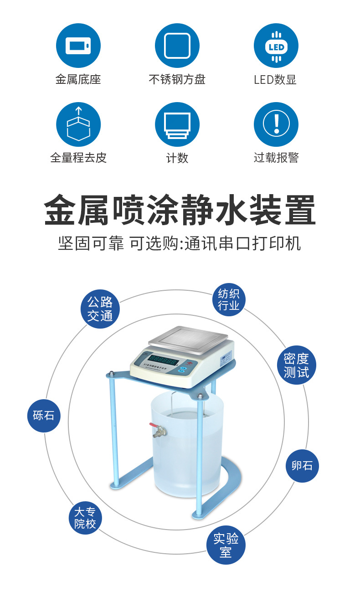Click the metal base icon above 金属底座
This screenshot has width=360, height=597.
(78, 46)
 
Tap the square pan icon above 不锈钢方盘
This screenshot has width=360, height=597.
(177, 46)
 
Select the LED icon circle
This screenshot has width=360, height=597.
(276, 46)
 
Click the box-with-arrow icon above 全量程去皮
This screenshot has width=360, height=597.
(78, 124)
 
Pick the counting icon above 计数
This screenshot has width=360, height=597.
(177, 124)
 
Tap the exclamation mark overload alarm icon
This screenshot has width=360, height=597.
(276, 124)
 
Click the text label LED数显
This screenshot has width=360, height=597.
(275, 80)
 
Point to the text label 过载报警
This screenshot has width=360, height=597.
(276, 158)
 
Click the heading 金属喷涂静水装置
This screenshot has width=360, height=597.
(180, 210)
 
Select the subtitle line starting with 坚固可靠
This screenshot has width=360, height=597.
(180, 243)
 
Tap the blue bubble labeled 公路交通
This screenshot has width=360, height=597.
(100, 309)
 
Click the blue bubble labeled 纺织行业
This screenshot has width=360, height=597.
(228, 299)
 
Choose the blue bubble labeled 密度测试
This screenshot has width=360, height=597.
(296, 365)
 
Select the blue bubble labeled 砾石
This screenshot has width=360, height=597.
(44, 415)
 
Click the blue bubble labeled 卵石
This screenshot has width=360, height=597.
(302, 465)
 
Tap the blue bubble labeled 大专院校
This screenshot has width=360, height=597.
(85, 518)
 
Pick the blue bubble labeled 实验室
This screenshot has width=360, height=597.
(226, 546)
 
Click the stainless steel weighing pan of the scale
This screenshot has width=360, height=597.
(188, 339)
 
